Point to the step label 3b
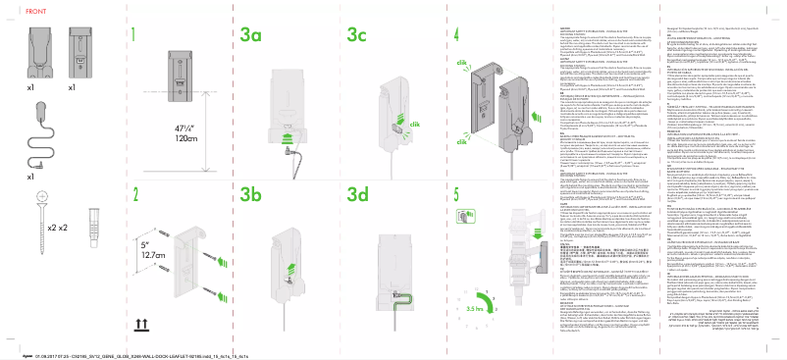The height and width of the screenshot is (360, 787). [x=252, y=192]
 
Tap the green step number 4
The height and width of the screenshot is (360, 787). [x=457, y=32]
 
